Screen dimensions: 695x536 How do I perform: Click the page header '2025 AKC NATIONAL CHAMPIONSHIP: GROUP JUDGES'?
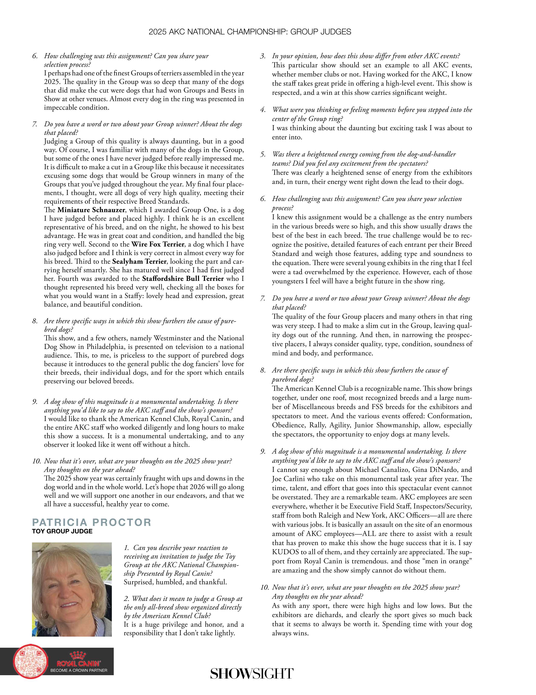[250, 32]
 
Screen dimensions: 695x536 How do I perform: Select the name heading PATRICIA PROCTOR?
[92, 522]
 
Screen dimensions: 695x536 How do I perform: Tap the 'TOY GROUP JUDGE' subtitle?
[62, 531]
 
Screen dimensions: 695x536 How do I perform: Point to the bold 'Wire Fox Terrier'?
[158, 244]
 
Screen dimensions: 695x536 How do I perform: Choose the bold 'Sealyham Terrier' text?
[139, 262]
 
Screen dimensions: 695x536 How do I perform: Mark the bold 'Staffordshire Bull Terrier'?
[183, 279]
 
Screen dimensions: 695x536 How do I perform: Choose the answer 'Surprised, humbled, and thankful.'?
[175, 582]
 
